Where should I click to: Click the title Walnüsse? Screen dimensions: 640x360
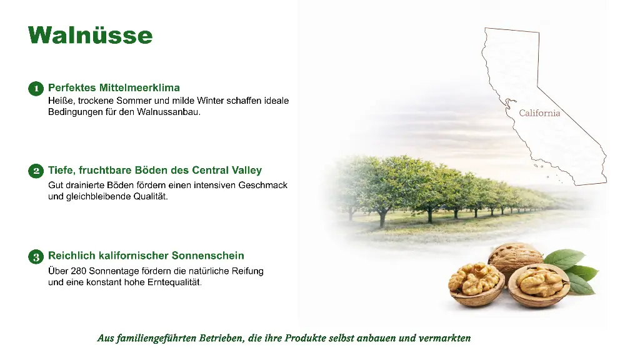(90, 35)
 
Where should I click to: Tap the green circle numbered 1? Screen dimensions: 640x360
(36, 89)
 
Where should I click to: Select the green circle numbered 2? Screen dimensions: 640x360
(36, 171)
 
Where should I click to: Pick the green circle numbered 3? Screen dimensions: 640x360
(36, 257)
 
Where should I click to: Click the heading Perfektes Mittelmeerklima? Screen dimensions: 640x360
(114, 87)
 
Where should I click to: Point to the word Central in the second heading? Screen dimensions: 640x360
(210, 170)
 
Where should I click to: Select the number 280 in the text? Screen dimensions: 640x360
(78, 271)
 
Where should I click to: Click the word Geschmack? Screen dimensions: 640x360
(263, 185)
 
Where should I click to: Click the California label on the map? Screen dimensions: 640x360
(539, 113)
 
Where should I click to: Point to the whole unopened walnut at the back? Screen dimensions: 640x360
(515, 256)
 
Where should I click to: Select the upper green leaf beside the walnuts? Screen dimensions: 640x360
(564, 259)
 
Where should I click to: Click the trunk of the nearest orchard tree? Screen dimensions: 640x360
(382, 217)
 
